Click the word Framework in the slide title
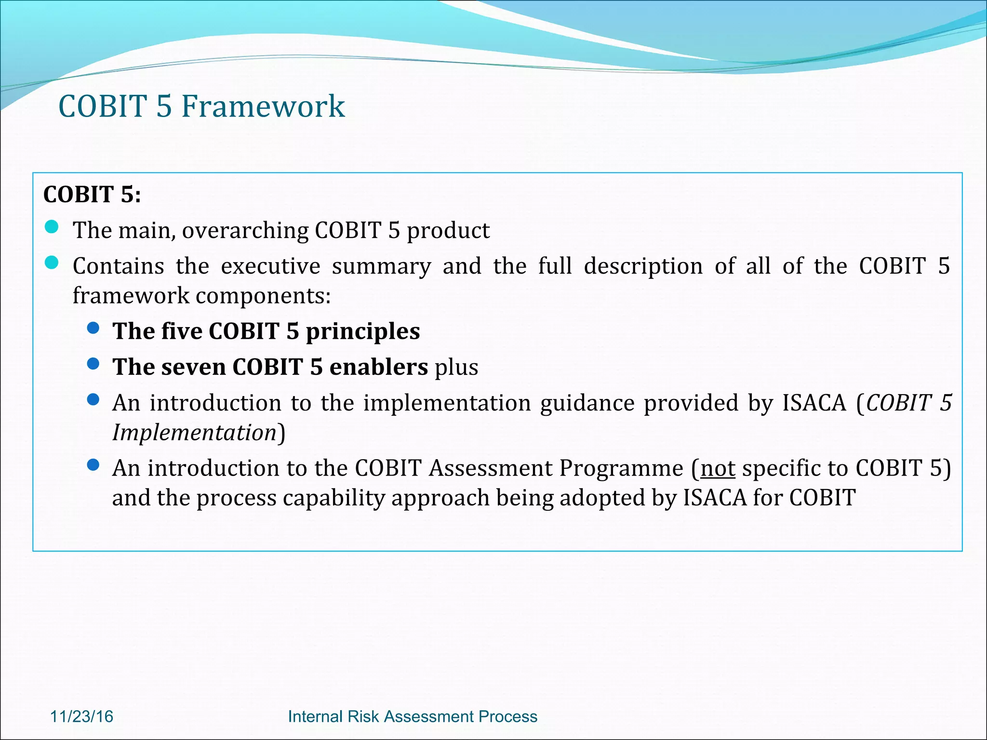pyautogui.click(x=263, y=106)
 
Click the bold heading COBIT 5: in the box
pyautogui.click(x=92, y=195)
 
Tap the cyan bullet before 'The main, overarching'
pyautogui.click(x=52, y=227)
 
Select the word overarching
pyautogui.click(x=245, y=231)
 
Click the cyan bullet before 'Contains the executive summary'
pyautogui.click(x=52, y=263)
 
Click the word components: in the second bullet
pyautogui.click(x=263, y=296)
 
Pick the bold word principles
pyautogui.click(x=362, y=332)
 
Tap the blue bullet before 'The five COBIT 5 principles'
pyautogui.click(x=93, y=329)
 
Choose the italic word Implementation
pyautogui.click(x=194, y=433)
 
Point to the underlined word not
pyautogui.click(x=718, y=468)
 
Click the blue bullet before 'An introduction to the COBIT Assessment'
pyautogui.click(x=93, y=465)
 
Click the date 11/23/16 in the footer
pyautogui.click(x=81, y=716)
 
